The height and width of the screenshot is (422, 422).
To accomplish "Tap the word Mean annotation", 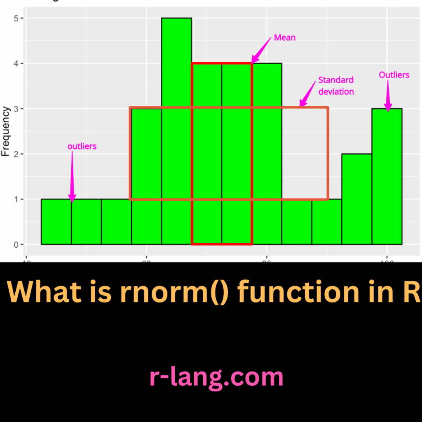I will pos(285,38).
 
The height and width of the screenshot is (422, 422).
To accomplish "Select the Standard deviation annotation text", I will pos(336,86).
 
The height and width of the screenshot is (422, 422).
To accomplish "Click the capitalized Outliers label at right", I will pos(394,75).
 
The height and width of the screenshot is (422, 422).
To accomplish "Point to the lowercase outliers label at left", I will pos(82,146).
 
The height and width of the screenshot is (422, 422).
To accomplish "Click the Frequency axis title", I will pos(6,131).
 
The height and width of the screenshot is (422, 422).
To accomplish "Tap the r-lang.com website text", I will pos(216,377).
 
